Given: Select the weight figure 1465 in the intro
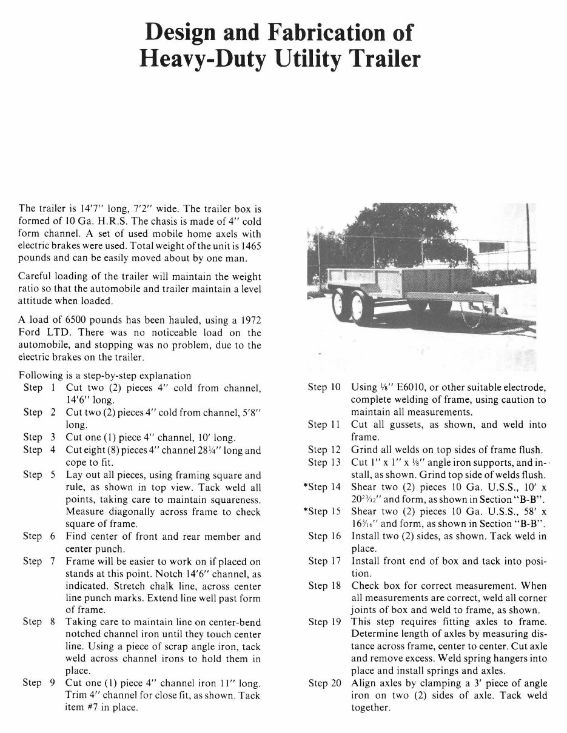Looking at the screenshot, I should click(252, 247).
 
